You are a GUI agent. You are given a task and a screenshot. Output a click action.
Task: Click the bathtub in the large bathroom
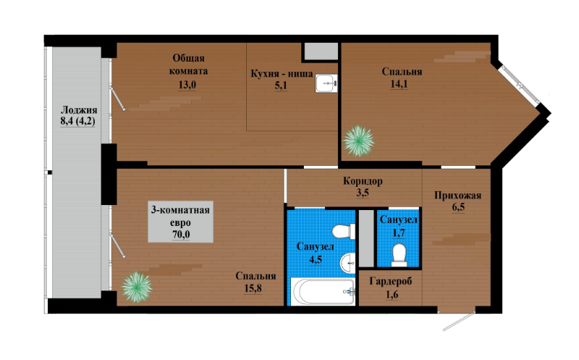323,292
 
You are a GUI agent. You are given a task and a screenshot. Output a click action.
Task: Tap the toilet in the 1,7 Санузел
400,255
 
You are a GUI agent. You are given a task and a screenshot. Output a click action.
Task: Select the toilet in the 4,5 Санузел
343,231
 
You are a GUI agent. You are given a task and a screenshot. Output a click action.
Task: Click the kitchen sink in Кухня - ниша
326,83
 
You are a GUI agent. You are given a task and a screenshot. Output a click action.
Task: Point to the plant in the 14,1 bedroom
358,141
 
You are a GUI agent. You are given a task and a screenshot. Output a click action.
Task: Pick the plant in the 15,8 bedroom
137,287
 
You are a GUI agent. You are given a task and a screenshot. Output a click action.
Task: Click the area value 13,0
187,85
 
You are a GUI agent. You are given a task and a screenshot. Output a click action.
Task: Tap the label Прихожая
458,195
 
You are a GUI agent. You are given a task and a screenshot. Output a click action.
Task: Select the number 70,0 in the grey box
181,235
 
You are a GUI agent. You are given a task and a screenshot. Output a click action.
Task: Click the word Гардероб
391,282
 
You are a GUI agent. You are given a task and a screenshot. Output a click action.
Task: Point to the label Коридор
363,181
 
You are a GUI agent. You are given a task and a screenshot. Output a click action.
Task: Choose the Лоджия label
79,110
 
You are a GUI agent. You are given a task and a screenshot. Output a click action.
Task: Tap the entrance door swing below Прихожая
459,321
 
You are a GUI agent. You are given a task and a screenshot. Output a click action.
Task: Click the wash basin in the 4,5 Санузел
348,264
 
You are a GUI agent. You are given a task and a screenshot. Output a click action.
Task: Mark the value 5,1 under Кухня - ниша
281,85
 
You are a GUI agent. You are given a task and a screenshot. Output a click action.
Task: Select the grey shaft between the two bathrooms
367,238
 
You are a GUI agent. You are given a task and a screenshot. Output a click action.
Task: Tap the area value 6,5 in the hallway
458,207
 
